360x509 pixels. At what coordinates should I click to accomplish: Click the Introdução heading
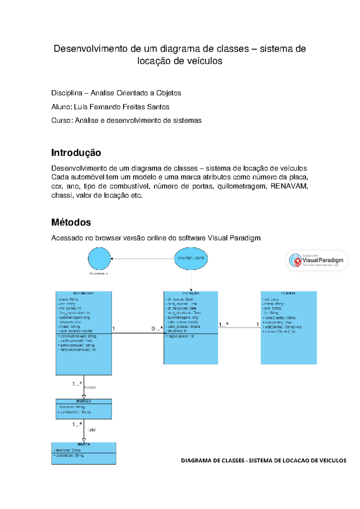tap(76, 153)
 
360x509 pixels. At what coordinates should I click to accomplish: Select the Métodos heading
tap(71, 222)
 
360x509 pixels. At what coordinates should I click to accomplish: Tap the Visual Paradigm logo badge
tap(317, 260)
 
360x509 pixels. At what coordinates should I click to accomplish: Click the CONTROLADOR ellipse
tap(191, 258)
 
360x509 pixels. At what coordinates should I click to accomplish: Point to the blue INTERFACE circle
tap(99, 258)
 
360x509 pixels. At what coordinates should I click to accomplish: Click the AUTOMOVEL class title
tap(84, 294)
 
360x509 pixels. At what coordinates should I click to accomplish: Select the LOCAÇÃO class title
tap(191, 294)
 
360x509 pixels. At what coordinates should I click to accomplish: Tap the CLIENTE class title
tap(289, 294)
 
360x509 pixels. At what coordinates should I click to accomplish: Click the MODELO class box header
tap(84, 401)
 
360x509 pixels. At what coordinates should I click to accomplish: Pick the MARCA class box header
tap(84, 444)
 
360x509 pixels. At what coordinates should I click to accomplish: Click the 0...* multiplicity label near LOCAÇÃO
tap(157, 329)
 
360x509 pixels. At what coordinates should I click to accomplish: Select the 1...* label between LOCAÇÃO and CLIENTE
tap(223, 324)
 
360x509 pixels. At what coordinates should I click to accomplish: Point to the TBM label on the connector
tap(91, 430)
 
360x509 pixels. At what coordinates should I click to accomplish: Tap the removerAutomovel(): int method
tap(78, 350)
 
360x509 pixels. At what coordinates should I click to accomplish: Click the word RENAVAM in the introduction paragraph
tap(289, 186)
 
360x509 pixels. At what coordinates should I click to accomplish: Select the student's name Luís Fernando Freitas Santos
tap(121, 107)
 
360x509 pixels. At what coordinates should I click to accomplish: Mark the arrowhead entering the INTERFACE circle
tap(112, 259)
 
